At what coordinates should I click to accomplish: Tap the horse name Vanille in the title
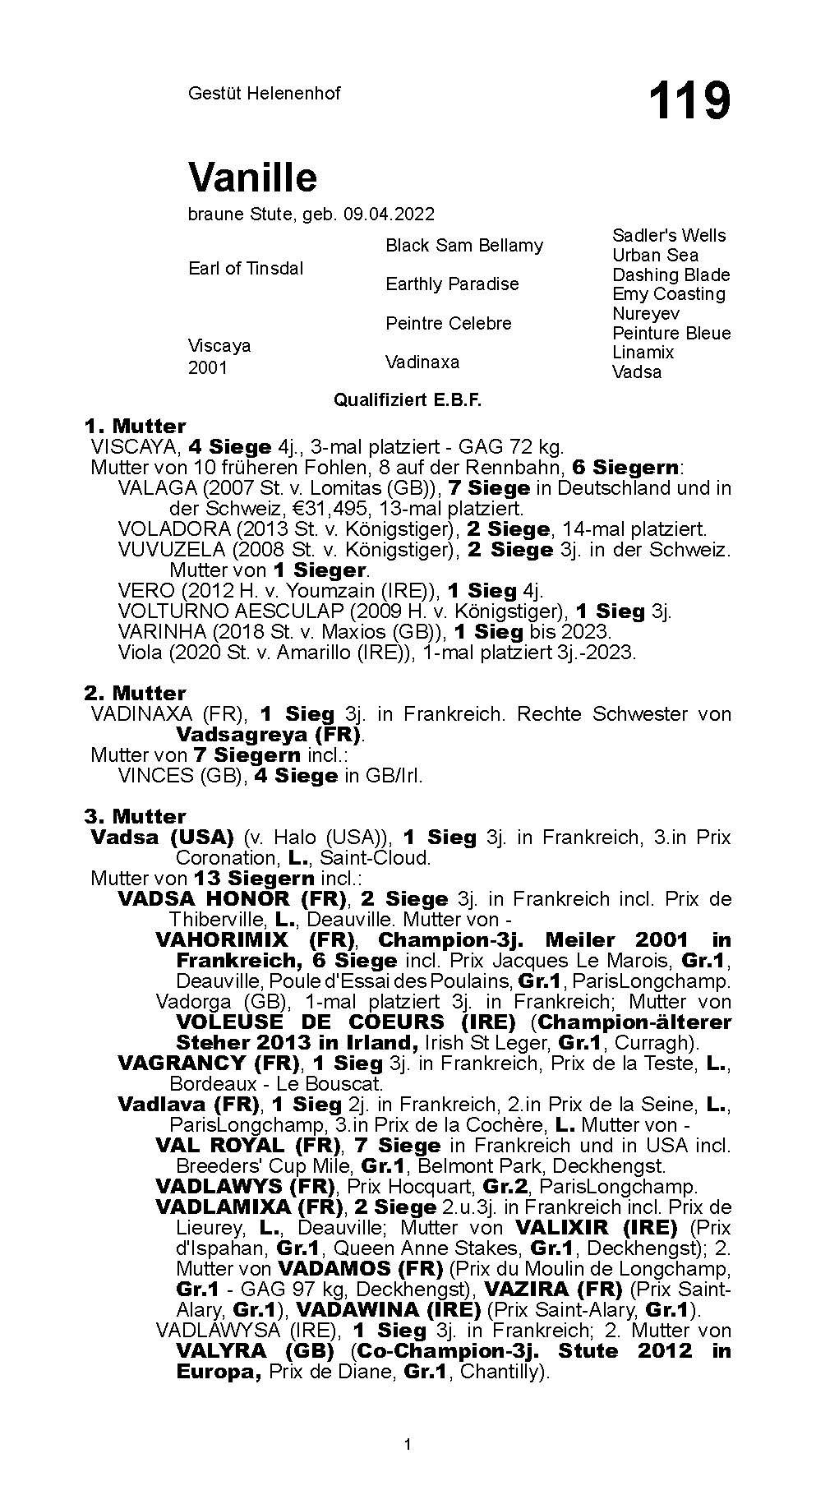pyautogui.click(x=252, y=177)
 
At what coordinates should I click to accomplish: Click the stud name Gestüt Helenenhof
pyautogui.click(x=264, y=93)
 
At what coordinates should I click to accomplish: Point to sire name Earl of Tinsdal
pyautogui.click(x=246, y=269)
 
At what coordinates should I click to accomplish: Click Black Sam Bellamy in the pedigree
pyautogui.click(x=464, y=245)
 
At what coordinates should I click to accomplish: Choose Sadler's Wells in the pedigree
pyautogui.click(x=669, y=235)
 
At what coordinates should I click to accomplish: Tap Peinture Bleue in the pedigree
pyautogui.click(x=671, y=333)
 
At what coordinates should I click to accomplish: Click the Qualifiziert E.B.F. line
pyautogui.click(x=407, y=400)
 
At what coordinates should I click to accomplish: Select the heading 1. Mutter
pyautogui.click(x=135, y=426)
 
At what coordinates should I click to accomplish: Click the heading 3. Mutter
pyautogui.click(x=135, y=816)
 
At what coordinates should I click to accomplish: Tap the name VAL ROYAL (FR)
pyautogui.click(x=247, y=1145)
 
